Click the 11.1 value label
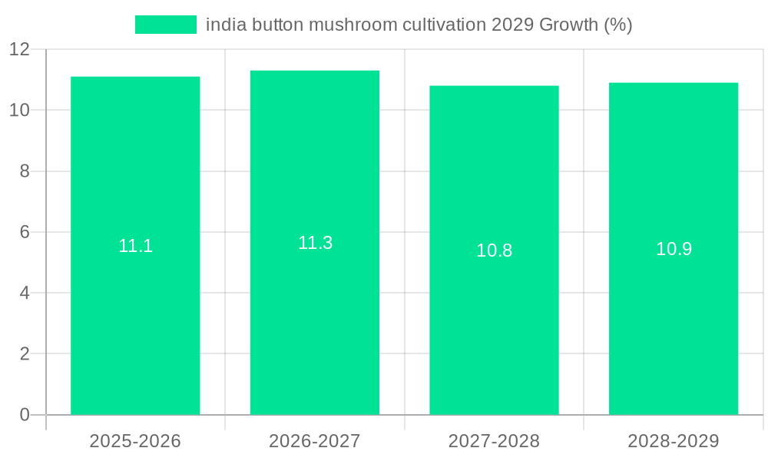click(135, 246)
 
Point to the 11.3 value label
click(315, 243)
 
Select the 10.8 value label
click(494, 250)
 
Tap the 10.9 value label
click(674, 249)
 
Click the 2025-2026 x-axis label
click(135, 441)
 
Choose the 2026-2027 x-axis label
click(315, 441)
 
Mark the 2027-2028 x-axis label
click(494, 441)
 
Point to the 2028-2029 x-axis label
click(674, 441)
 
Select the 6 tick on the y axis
click(25, 232)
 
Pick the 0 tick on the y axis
click(25, 415)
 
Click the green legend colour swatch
click(165, 25)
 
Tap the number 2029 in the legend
click(511, 25)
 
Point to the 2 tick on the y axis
click(25, 354)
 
